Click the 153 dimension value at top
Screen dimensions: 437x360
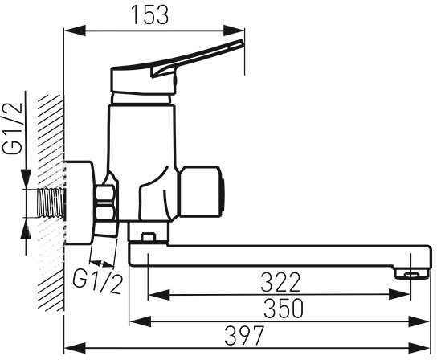150,14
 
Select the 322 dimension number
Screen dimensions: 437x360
280,282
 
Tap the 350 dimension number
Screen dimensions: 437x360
283,309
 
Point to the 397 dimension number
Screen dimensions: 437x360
244,335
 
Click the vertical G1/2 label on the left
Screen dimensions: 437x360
13,128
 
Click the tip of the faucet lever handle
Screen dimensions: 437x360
241,43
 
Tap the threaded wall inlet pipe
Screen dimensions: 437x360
51,202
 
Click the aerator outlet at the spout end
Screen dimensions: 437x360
411,273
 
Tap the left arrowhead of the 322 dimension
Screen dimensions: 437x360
158,295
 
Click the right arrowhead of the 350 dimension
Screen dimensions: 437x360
419,321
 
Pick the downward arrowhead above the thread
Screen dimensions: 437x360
26,178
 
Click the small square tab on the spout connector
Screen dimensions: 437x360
148,237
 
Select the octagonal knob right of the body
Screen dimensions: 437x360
201,191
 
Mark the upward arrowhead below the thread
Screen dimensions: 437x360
26,228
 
